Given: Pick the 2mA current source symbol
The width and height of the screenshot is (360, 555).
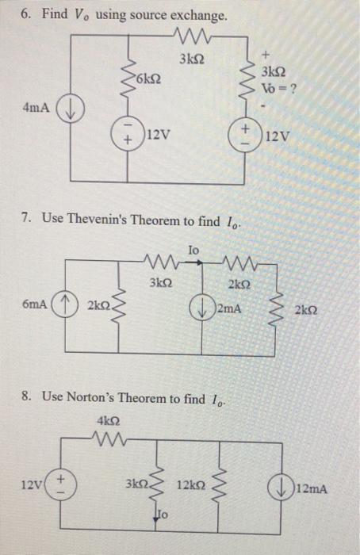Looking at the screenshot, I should point(205,306).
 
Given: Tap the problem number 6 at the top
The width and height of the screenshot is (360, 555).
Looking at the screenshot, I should point(24,16).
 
